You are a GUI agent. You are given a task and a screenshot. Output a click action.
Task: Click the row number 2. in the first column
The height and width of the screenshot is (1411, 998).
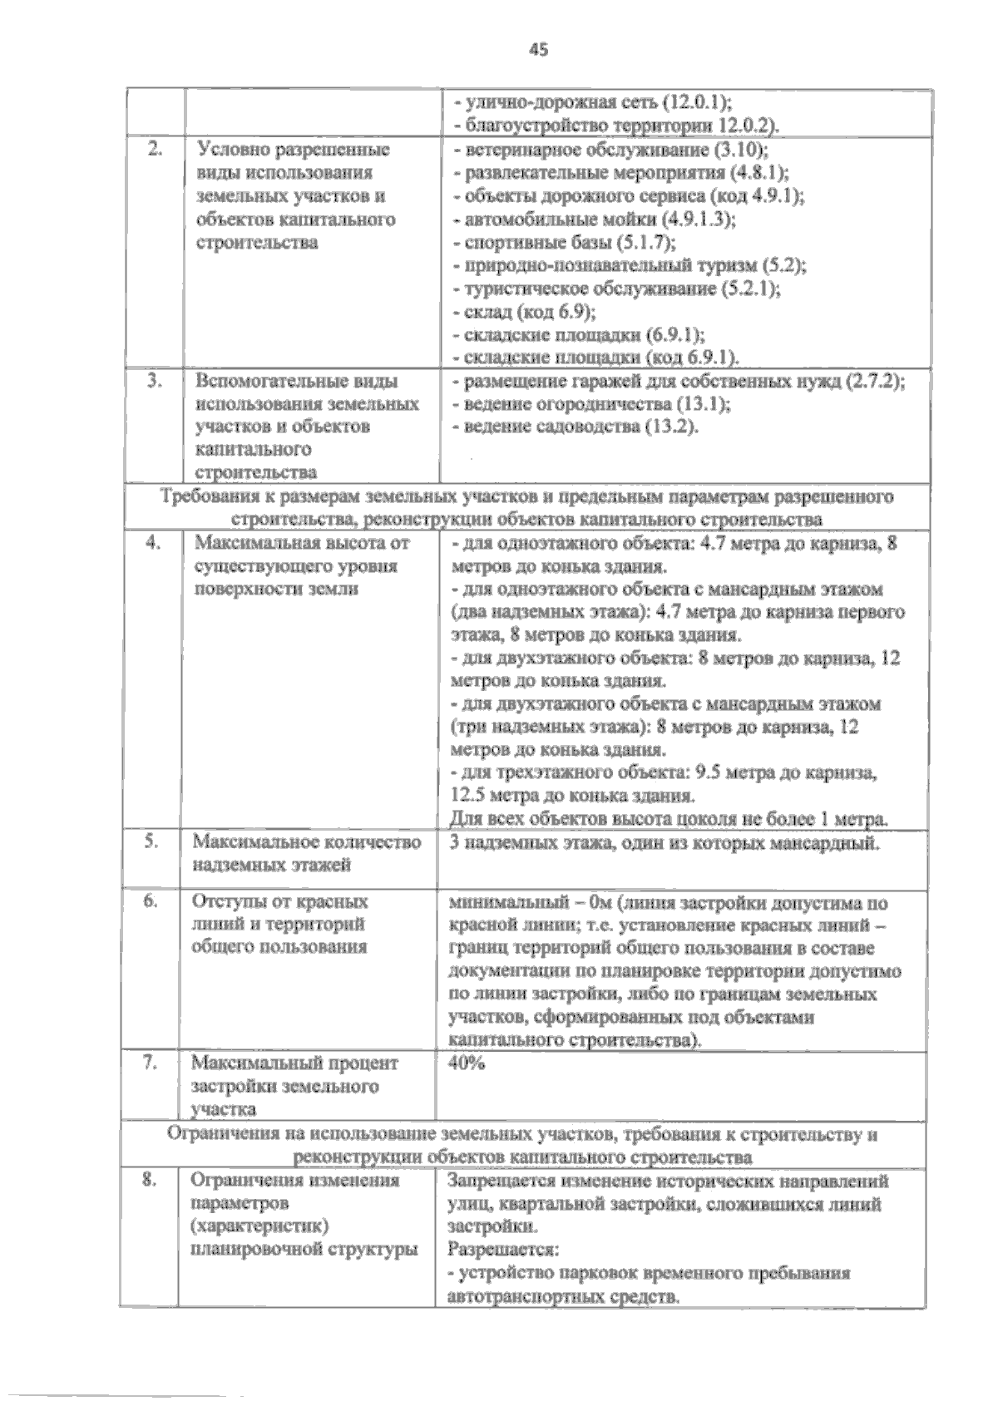point(154,150)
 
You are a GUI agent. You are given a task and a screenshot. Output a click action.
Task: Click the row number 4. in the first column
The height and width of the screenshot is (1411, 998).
point(153,543)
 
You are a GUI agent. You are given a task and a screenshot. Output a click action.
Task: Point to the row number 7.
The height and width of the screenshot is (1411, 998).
point(151,1063)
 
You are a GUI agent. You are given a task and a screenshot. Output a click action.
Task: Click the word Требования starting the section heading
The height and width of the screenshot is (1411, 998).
point(200,497)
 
